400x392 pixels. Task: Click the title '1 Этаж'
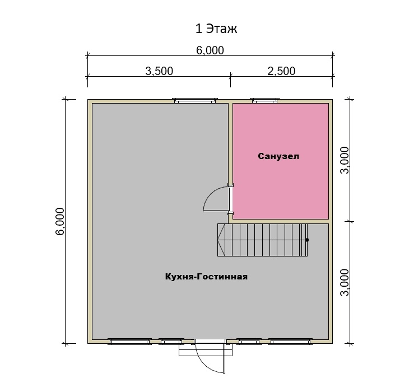(x=216, y=29)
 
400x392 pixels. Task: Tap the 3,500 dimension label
(x=159, y=71)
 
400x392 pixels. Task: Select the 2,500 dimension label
(x=281, y=71)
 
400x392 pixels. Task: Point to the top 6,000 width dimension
(x=210, y=50)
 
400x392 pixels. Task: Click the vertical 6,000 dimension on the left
(x=61, y=221)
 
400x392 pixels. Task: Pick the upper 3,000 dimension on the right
(x=345, y=160)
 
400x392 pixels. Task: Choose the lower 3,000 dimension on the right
(x=345, y=282)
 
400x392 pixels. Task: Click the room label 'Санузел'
(x=278, y=156)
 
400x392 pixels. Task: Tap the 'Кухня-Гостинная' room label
(x=206, y=277)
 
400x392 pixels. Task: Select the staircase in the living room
(x=263, y=240)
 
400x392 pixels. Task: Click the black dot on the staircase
(x=307, y=240)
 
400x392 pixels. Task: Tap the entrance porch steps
(x=206, y=349)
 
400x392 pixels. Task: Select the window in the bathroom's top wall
(x=264, y=100)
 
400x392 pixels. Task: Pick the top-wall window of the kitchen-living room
(x=194, y=100)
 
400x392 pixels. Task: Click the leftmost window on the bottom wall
(x=129, y=341)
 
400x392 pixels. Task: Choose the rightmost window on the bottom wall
(x=291, y=341)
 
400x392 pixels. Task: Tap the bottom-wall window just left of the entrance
(x=171, y=341)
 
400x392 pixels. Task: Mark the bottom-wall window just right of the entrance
(x=249, y=341)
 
